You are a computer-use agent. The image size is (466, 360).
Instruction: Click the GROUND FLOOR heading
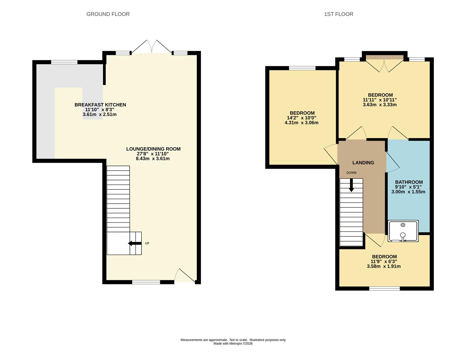pos(108,14)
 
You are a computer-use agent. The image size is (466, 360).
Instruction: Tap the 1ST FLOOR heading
pos(339,14)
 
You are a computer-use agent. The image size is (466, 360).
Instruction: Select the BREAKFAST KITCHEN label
pos(100,105)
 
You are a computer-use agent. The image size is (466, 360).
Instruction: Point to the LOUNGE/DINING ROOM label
pos(153,149)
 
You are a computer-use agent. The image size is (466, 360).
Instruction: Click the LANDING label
pos(363,163)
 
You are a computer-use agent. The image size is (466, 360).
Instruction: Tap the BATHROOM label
pos(409,182)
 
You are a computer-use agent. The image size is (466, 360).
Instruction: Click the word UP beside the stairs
pos(147,243)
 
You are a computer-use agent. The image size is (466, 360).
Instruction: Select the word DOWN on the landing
pos(351,173)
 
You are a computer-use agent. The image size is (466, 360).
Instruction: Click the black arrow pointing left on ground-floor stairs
pos(135,243)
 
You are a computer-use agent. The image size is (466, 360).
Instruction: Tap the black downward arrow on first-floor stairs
pos(351,185)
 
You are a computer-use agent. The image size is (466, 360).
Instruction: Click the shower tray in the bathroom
pos(403,231)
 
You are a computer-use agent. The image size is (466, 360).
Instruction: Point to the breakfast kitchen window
pos(64,62)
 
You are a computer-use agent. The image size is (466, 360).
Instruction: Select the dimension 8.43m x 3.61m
pos(153,159)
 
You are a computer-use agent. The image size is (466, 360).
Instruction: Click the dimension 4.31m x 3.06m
pos(301,123)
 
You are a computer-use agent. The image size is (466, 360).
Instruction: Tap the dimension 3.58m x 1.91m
pos(384,266)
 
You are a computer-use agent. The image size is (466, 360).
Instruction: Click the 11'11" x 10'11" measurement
pos(380,100)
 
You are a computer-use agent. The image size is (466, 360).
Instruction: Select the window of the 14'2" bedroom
pos(302,68)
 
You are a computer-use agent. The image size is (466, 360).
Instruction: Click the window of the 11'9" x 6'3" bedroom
pos(384,289)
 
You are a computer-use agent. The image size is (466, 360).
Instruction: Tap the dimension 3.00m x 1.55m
pos(408,192)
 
